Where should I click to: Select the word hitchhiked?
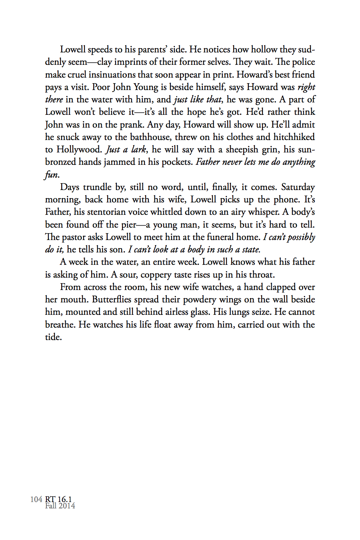pos(294,137)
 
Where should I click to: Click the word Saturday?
pos(298,187)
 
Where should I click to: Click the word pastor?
pos(73,237)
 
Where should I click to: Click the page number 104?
pos(36,499)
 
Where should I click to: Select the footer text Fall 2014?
pos(60,506)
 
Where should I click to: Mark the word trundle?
pos(97,187)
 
